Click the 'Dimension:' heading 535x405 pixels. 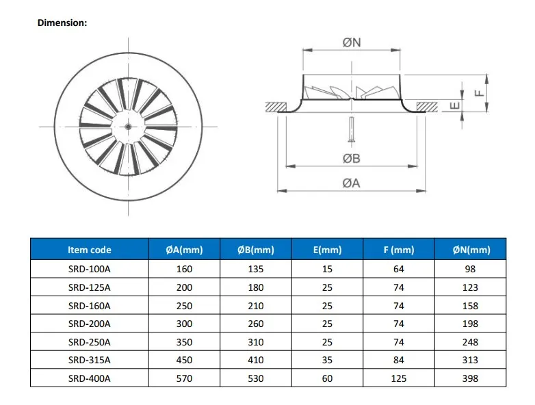point(62,23)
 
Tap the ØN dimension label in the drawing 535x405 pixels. point(351,42)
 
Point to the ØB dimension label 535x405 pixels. point(351,159)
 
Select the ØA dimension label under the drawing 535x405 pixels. point(351,183)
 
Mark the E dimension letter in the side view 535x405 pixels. point(454,105)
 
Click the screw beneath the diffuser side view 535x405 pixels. point(351,130)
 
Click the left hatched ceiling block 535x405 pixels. point(276,107)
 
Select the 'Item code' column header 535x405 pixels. point(89,250)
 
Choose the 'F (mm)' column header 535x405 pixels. point(399,250)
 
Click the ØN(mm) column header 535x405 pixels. point(471,250)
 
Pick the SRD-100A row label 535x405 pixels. point(89,270)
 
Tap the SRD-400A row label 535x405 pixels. point(89,378)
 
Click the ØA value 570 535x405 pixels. point(184,378)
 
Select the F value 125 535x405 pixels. point(399,378)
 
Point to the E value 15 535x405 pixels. point(327,270)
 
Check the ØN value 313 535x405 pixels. point(471,360)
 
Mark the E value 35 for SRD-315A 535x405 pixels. point(327,360)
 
